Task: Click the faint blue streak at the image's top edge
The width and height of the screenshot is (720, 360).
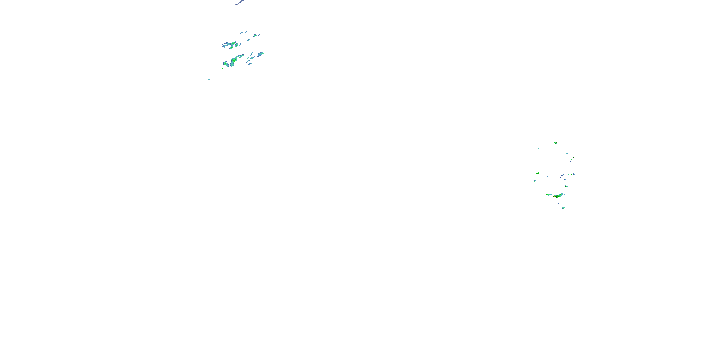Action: coord(240,2)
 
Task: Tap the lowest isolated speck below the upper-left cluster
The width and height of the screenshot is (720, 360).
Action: coord(208,80)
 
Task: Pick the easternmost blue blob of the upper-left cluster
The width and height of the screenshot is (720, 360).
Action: coord(261,54)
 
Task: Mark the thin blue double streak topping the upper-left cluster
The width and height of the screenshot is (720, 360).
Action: coord(244,33)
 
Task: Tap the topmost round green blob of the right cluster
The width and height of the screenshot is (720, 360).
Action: coord(555,143)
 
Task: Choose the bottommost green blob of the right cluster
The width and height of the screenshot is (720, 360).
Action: coord(563,208)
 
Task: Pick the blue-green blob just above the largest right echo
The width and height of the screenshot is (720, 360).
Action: coord(566,186)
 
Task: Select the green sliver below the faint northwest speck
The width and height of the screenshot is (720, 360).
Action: coord(538,149)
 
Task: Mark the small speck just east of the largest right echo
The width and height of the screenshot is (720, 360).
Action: coord(569,198)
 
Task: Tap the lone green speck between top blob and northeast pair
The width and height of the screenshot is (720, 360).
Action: coord(567,153)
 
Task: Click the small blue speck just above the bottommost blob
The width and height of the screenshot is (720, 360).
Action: coord(559,203)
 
